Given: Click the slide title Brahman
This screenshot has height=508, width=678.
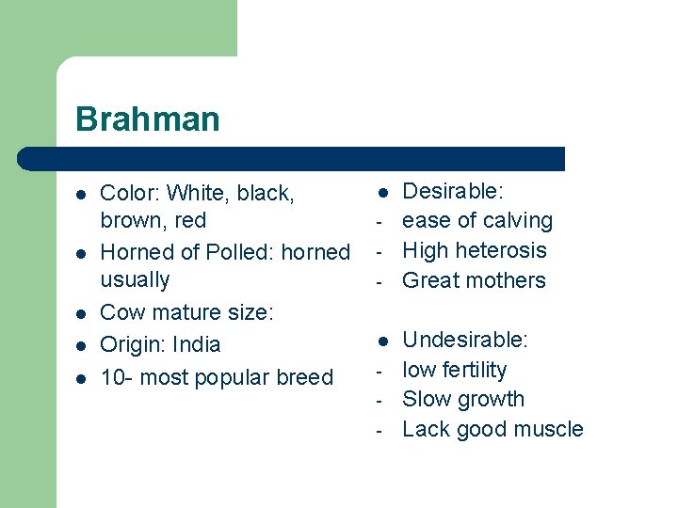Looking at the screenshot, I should [147, 119].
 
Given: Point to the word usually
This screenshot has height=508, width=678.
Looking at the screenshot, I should [135, 280].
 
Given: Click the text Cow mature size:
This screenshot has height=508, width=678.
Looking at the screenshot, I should [186, 312].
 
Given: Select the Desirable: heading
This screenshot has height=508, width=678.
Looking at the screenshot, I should [453, 192].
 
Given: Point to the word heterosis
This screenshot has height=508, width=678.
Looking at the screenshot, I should [501, 250].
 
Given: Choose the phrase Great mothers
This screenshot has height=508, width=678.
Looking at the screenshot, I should [474, 280].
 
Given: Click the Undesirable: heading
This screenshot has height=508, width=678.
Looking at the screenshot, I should [465, 340].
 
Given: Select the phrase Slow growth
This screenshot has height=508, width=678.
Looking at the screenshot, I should [462, 399].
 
